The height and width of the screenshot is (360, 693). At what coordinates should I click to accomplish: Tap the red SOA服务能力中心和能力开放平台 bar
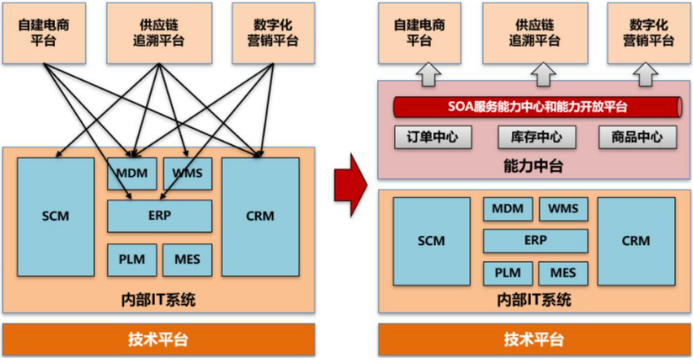coord(537,107)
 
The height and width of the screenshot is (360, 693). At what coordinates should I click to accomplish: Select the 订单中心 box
coord(433,137)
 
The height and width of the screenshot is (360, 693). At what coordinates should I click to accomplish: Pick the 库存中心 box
coord(537,137)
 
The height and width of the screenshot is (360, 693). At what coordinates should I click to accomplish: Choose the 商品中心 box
coord(638,137)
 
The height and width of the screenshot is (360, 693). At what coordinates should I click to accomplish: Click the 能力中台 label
coord(534,166)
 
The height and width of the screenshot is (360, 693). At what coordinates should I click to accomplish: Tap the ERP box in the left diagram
coord(159,216)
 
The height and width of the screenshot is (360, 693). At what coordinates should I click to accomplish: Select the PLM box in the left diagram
coord(131,260)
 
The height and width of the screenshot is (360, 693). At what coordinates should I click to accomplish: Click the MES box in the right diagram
coord(563,273)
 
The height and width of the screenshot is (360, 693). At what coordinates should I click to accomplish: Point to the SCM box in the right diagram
coord(432,241)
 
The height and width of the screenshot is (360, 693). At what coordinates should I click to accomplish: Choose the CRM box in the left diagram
coord(260,217)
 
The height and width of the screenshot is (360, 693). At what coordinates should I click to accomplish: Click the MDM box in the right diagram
coord(508,209)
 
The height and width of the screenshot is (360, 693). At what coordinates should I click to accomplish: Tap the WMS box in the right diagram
coord(564,209)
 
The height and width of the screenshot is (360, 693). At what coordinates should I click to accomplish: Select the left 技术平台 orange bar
coord(158,340)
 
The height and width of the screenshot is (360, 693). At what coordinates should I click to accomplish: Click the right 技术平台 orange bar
coord(534,340)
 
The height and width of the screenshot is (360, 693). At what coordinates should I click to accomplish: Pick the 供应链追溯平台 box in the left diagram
coord(159,33)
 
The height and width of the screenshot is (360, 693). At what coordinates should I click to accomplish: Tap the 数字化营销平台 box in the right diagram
coord(648,33)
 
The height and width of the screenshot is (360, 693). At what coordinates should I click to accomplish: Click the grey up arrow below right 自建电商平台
coord(429,74)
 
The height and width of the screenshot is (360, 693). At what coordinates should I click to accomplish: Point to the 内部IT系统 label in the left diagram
coord(158,300)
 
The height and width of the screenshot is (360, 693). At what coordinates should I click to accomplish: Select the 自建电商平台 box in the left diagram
coord(45,33)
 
